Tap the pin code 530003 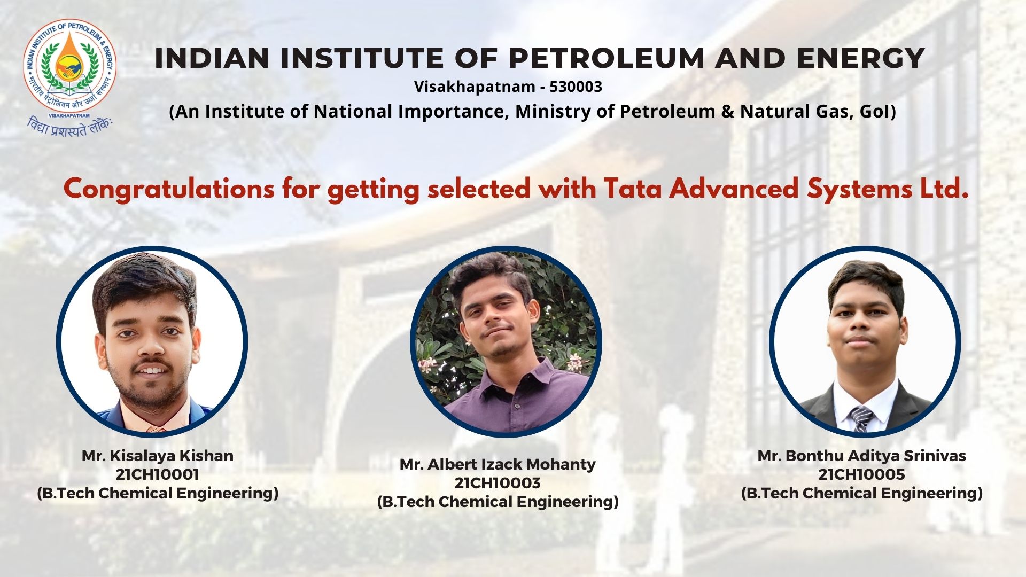pos(576,87)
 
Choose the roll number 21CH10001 pos(158,474)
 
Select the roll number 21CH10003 pos(498,483)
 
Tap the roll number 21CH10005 pos(862,474)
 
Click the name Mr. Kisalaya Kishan pos(158,456)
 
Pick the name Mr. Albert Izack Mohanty pos(498,464)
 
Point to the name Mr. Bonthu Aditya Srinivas pos(862,456)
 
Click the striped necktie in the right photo pos(861,418)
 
